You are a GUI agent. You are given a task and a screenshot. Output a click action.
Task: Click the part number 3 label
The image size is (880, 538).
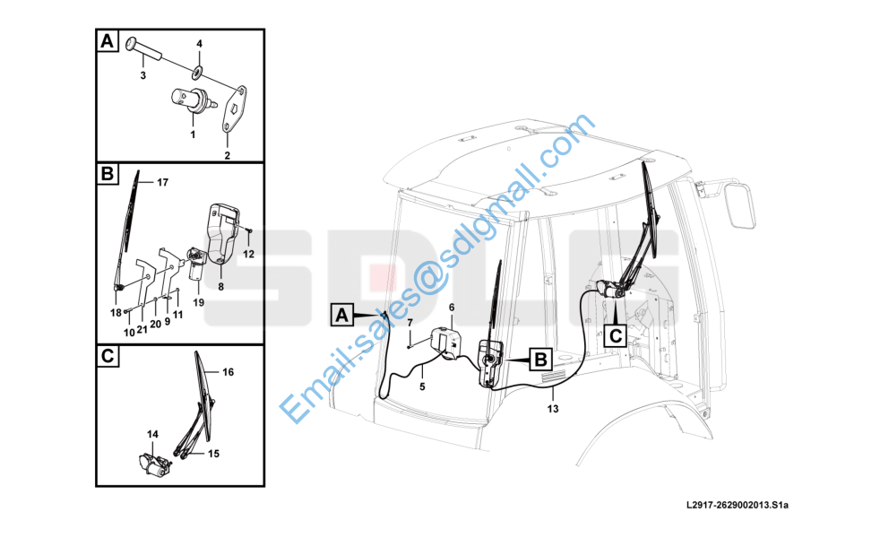142,75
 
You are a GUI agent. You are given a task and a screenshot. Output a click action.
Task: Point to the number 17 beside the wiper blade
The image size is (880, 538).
162,183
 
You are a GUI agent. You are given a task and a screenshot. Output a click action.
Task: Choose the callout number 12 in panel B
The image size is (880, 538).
248,254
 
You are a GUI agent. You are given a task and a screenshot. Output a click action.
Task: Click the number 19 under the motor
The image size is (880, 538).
199,303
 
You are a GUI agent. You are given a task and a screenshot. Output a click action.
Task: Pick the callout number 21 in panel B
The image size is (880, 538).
142,330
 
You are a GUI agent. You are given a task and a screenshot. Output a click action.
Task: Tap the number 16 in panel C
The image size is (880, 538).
228,372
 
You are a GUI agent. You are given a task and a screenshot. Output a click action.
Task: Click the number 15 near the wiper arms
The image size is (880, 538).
213,454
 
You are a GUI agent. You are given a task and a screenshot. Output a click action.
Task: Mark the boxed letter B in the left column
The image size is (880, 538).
107,174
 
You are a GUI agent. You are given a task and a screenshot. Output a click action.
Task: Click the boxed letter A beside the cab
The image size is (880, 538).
341,316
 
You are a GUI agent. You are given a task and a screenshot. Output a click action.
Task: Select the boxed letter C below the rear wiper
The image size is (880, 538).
616,336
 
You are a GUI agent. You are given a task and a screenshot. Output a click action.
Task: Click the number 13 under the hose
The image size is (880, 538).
553,409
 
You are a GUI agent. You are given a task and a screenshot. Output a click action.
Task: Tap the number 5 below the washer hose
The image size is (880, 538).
423,386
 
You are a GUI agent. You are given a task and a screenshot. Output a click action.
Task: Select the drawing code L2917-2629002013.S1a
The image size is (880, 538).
738,505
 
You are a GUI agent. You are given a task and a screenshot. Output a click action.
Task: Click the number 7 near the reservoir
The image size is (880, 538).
410,323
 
